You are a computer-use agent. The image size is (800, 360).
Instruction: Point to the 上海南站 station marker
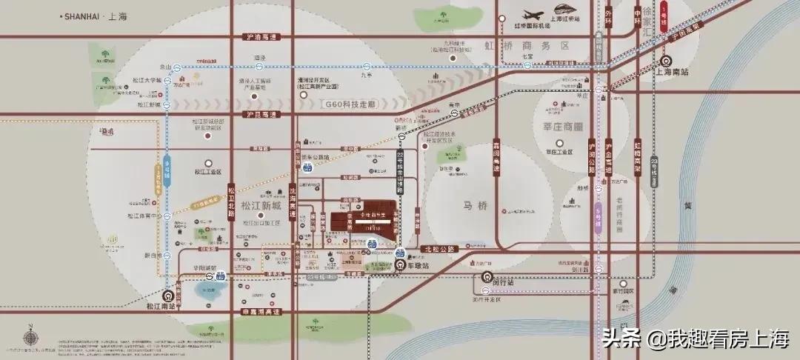pyautogui.click(x=666, y=61)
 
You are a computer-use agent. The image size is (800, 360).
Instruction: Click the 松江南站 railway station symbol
pyautogui.click(x=176, y=291)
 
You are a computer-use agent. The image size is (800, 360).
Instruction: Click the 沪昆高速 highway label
pyautogui.click(x=259, y=115)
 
